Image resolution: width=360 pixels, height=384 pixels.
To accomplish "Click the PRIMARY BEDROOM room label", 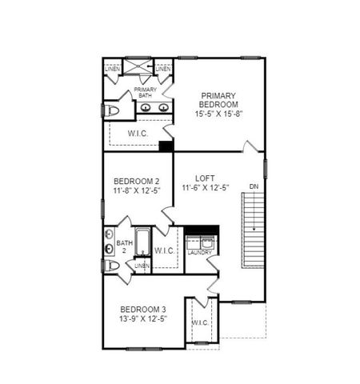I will [x=219, y=99].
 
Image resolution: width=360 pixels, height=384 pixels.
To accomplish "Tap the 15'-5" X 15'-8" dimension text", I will [x=219, y=114].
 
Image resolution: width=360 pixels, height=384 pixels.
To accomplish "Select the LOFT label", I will [x=206, y=178].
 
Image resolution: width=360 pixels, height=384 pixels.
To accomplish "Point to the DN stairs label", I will [x=254, y=186].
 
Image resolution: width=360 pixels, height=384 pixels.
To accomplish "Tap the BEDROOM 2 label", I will [x=130, y=181].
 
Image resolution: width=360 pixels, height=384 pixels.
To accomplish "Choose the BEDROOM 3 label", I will [x=143, y=310].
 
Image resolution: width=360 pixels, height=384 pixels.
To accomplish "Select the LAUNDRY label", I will [x=200, y=253].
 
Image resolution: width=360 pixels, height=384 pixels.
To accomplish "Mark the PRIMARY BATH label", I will [x=144, y=93].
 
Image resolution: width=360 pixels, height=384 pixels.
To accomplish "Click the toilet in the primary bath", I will [x=111, y=110].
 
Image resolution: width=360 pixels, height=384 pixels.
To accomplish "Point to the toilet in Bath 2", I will [x=111, y=266].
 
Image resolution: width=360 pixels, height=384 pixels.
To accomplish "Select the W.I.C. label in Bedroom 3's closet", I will [x=200, y=323].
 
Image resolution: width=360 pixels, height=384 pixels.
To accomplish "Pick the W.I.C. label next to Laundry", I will [x=164, y=250].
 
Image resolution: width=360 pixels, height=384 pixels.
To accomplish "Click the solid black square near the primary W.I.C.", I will [x=166, y=146].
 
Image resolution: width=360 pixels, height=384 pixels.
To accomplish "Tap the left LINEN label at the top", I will [x=113, y=70].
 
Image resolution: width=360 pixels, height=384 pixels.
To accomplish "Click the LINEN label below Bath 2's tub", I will [x=142, y=266].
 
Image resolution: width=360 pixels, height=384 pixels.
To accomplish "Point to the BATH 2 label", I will [x=125, y=246].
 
